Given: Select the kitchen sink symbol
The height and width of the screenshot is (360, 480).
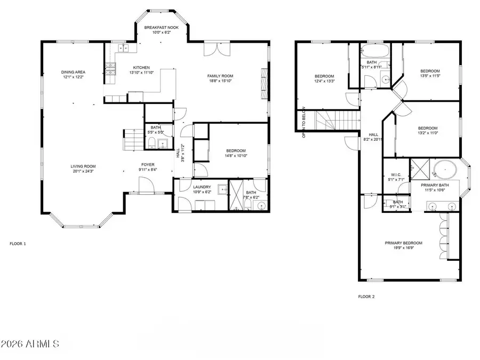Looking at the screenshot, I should [123, 49].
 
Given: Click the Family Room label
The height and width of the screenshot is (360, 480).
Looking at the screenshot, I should [220, 76].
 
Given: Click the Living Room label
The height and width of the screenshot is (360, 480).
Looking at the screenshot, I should [83, 166].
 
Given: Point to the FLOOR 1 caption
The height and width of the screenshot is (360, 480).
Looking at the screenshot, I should [18, 244].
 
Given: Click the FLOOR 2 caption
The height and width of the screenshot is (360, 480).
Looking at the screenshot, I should [366, 297].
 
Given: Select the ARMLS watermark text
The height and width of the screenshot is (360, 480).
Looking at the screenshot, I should [30, 342].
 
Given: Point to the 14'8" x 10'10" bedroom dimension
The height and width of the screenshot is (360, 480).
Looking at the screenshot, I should [236, 156].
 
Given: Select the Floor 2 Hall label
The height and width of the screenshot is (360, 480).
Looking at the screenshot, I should [373, 134].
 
